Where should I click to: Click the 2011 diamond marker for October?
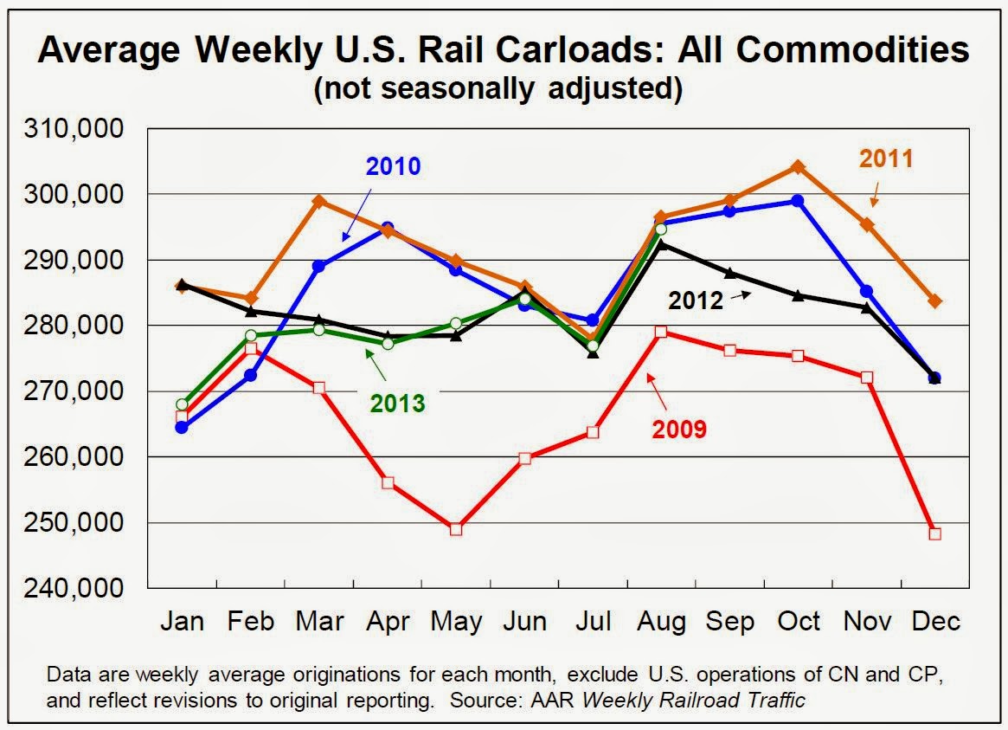tap(798, 166)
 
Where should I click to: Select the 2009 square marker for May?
tap(456, 529)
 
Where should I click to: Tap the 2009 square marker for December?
tap(934, 533)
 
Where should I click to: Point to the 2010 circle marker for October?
tap(798, 201)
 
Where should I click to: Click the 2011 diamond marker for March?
tap(318, 202)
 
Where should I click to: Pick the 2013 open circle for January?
tap(182, 404)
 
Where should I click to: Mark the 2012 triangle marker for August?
tap(661, 244)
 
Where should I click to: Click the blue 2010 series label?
tap(393, 165)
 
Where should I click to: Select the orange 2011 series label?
tap(886, 158)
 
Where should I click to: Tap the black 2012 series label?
tap(695, 300)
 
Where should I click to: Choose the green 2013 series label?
tap(397, 403)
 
